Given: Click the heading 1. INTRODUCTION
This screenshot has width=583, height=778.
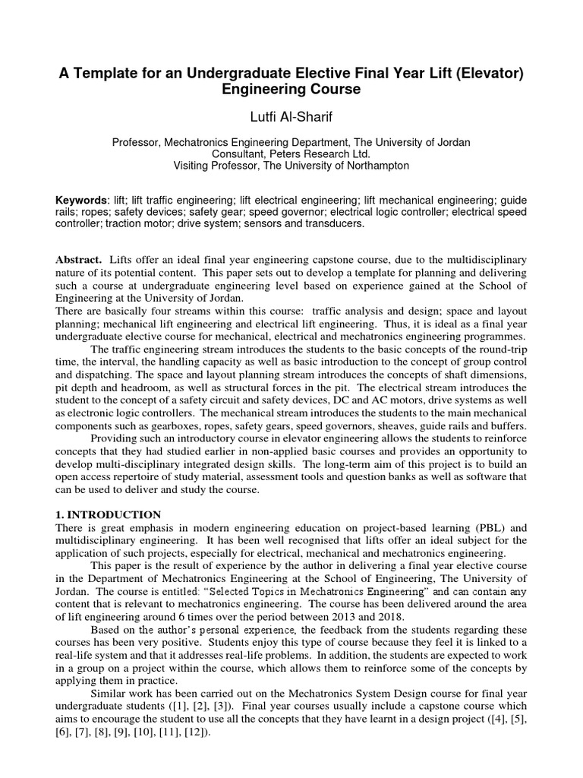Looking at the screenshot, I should pyautogui.click(x=109, y=515).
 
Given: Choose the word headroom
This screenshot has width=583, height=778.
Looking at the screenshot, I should pyautogui.click(x=150, y=387).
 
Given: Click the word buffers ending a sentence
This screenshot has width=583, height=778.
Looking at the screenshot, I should pyautogui.click(x=507, y=426).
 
